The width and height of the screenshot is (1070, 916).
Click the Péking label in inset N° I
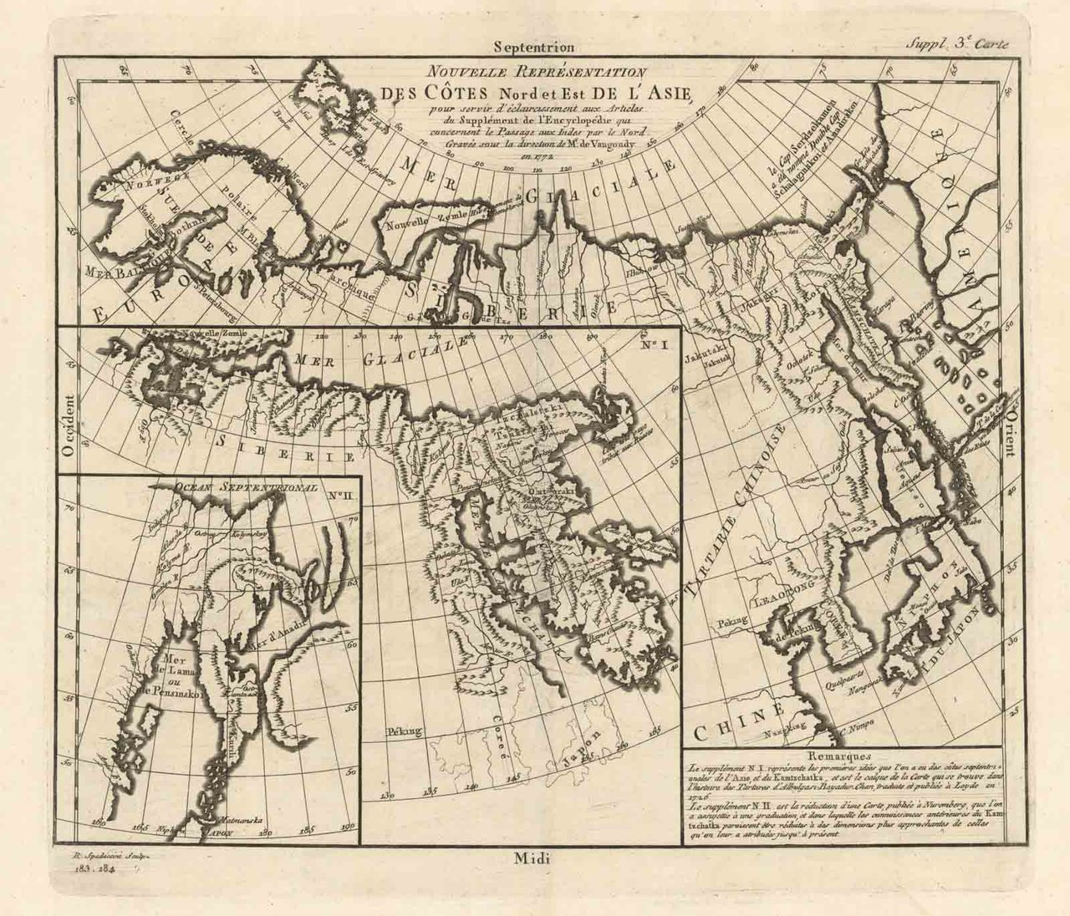[403, 731]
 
